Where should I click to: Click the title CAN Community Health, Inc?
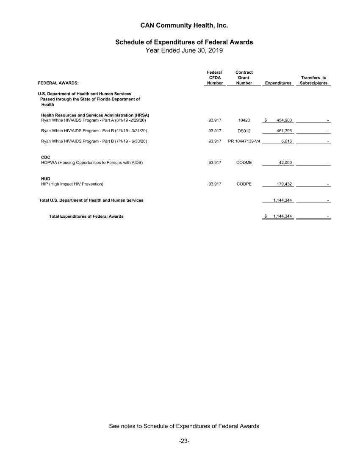184,25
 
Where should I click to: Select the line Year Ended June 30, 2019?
184,50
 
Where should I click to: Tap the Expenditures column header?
278,83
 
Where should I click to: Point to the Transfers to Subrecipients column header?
313,80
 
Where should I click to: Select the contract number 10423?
244,120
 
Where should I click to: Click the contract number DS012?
244,130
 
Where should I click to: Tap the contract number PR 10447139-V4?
244,141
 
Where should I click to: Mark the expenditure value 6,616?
286,141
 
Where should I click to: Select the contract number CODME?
244,163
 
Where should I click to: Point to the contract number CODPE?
244,184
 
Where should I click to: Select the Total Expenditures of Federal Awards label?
86,216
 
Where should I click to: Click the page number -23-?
184,441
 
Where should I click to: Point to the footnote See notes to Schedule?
184,426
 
